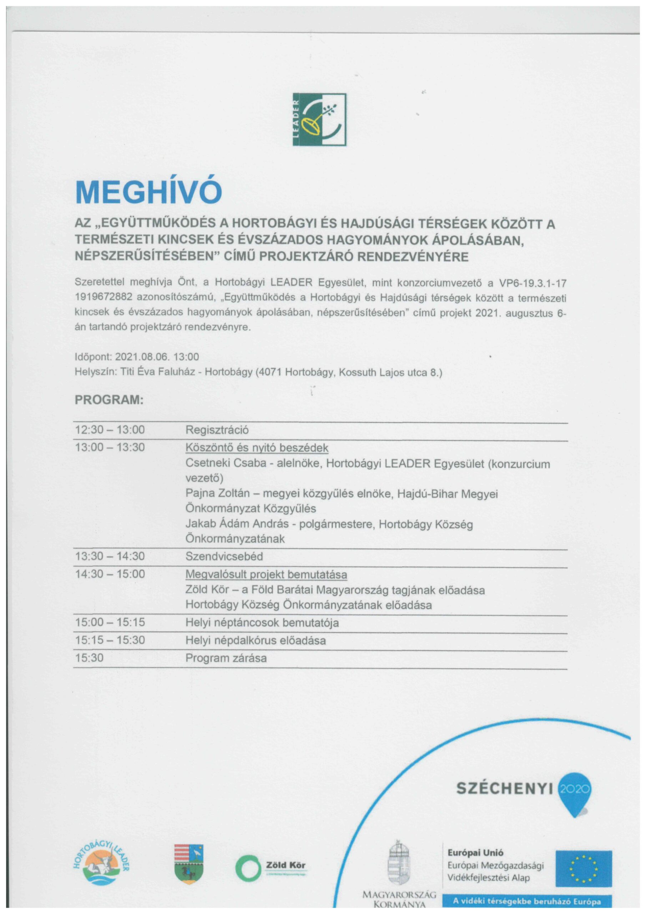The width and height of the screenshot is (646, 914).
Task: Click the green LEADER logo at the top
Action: (319, 119)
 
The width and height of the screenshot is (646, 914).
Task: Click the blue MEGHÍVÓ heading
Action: (148, 193)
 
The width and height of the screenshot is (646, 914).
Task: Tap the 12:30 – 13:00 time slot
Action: (110, 430)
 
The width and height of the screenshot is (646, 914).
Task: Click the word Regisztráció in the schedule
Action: (217, 430)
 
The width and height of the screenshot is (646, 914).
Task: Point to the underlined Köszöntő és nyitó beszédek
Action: (257, 447)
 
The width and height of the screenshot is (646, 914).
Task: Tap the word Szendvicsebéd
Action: (224, 556)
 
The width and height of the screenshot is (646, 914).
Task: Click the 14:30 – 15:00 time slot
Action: (110, 574)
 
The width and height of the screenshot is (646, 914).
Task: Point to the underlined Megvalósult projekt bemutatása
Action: (266, 574)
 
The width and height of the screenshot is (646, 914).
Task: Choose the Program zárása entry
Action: (226, 658)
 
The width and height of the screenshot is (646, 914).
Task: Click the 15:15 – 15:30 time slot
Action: (110, 640)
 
